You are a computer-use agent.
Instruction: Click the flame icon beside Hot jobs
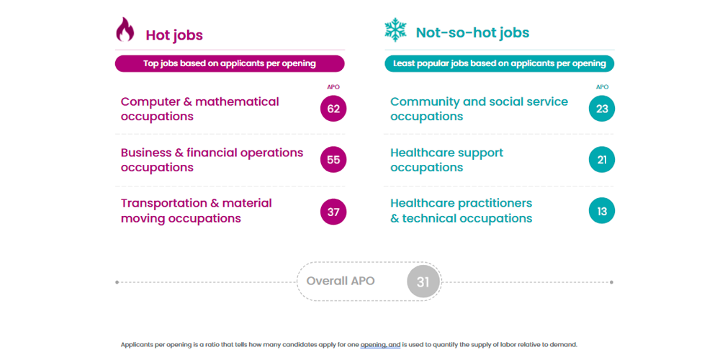coord(125,30)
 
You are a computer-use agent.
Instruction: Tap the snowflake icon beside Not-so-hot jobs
coord(395,30)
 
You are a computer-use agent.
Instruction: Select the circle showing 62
coord(333,109)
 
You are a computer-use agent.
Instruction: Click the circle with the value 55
coord(333,160)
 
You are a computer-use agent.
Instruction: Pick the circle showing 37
coord(333,212)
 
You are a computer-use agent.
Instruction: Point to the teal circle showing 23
coord(602,109)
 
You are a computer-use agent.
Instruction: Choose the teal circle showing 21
coord(602,160)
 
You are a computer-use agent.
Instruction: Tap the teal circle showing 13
coord(602,211)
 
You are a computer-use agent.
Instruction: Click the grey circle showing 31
coord(423,282)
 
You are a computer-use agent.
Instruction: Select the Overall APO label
coord(341,281)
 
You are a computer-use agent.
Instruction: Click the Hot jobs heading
coord(174,35)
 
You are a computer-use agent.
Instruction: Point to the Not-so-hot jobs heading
coord(472,32)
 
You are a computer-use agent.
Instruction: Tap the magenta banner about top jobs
coord(230,63)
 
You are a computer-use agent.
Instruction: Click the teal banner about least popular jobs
coord(499,63)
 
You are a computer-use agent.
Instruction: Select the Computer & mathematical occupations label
coord(200,109)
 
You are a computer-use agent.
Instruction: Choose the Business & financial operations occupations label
coord(212,160)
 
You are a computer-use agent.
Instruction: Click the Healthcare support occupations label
coord(446,160)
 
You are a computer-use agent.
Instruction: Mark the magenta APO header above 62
coord(333,87)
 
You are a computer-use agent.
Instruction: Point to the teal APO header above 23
coord(602,87)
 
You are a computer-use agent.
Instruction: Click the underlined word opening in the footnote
coord(373,345)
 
